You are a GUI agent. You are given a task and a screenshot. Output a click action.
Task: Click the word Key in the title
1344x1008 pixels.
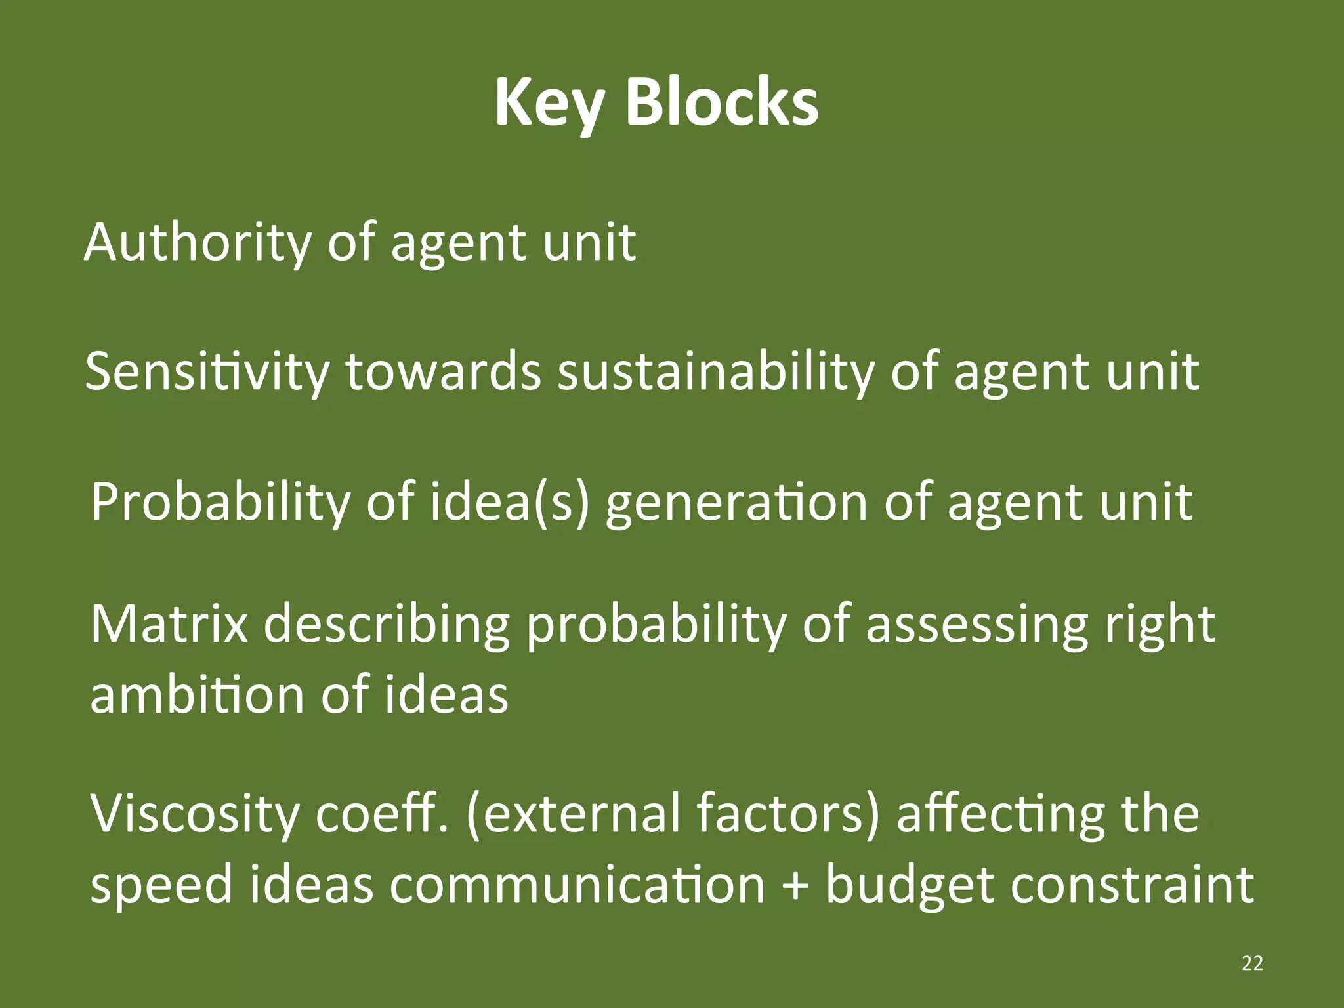(549, 104)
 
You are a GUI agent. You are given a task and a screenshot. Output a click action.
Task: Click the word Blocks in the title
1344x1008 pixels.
(722, 102)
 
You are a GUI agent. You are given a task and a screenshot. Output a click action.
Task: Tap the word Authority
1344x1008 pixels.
(198, 243)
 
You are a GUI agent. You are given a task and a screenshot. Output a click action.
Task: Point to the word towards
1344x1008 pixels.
(444, 371)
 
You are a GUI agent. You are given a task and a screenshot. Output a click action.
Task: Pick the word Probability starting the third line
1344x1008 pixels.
(220, 503)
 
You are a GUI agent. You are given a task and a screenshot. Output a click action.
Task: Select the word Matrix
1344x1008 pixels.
(169, 624)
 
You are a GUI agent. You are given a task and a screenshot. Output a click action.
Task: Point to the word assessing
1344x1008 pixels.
(976, 625)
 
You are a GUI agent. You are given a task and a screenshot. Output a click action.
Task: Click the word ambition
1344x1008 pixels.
(197, 695)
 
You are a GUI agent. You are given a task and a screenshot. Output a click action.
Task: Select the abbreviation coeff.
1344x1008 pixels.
(382, 814)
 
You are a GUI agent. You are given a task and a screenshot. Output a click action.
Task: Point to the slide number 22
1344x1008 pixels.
(1252, 963)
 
